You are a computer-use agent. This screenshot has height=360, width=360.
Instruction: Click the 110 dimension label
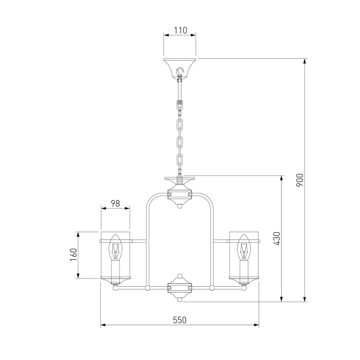pyautogui.click(x=181, y=30)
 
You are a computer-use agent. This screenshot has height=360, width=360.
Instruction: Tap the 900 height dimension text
pyautogui.click(x=300, y=180)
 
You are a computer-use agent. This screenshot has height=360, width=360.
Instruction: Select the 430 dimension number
pyautogui.click(x=277, y=238)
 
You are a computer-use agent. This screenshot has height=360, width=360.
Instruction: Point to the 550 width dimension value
pyautogui.click(x=180, y=320)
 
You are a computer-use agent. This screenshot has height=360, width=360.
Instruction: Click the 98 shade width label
pyautogui.click(x=115, y=203)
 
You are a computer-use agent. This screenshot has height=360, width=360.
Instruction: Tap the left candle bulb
pyautogui.click(x=115, y=247)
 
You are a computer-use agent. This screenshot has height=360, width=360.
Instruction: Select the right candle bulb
pyautogui.click(x=244, y=247)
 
